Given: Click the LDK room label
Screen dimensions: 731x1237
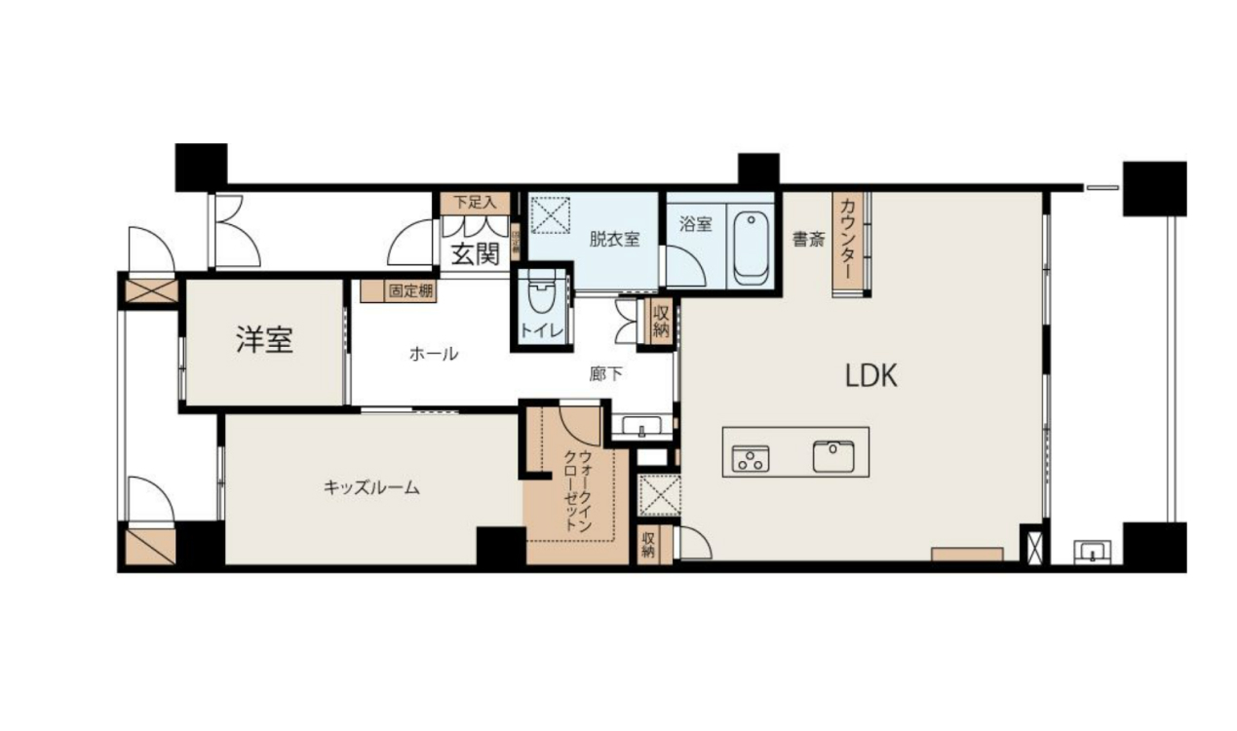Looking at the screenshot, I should pos(870,376).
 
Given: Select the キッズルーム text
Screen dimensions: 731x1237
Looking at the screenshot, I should pos(371,487).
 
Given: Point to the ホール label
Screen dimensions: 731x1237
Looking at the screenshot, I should pos(434,354).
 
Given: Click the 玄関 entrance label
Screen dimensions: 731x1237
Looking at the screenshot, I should pos(476,253).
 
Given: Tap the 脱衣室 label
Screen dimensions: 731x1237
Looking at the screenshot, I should pos(614,239).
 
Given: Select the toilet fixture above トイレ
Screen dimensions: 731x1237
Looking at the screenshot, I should pos(539,291).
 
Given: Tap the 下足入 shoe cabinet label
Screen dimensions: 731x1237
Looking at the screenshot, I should pos(475,203).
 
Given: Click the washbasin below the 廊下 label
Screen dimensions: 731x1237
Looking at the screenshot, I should pos(641,427).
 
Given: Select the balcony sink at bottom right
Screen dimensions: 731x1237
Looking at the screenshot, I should pos(1096,553).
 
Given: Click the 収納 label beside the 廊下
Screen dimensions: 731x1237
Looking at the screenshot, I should pos(660,322).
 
